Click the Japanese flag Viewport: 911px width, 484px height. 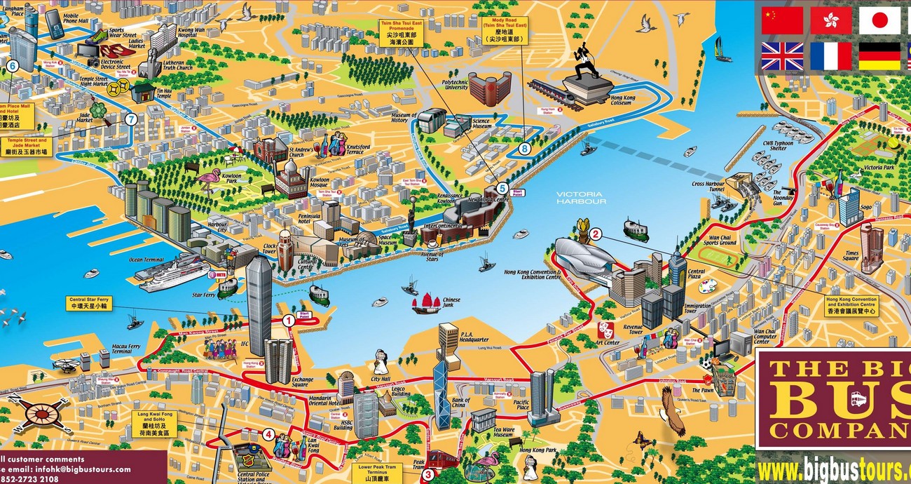[x=879, y=20]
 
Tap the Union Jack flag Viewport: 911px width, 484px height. [x=782, y=56]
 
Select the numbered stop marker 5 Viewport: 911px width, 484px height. [x=502, y=188]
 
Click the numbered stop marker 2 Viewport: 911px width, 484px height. [x=596, y=234]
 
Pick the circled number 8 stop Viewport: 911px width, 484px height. [x=525, y=148]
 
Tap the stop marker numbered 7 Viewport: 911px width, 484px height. [x=131, y=119]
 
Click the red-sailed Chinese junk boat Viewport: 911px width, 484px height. [x=426, y=302]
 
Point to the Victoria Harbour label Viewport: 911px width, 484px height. [x=581, y=197]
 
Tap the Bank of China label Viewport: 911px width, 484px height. [x=460, y=403]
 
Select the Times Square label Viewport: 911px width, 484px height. [x=851, y=256]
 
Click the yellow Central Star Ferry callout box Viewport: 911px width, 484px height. [x=90, y=303]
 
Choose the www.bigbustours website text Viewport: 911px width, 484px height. [x=834, y=469]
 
